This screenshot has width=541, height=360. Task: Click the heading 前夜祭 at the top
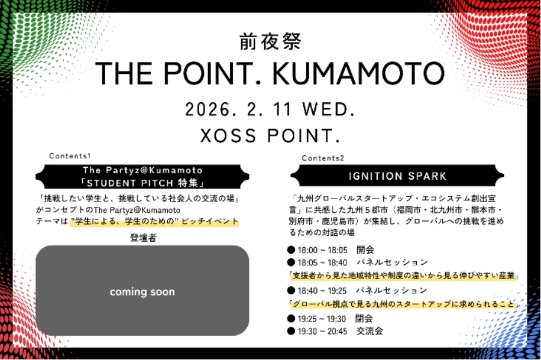(x=270, y=42)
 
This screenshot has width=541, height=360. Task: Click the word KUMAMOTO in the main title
(x=358, y=73)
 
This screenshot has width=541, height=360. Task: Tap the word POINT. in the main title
(x=210, y=73)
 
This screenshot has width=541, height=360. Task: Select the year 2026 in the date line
(x=208, y=110)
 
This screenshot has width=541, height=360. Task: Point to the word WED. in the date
(x=329, y=110)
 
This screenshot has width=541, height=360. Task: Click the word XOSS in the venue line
(x=228, y=135)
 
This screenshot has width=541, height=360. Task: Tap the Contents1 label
(x=70, y=156)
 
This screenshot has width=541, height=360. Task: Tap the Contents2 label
(x=323, y=158)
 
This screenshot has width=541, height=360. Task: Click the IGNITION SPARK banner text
(x=397, y=176)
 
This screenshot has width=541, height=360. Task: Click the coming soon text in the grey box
(x=142, y=292)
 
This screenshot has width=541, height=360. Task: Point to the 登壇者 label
(x=143, y=238)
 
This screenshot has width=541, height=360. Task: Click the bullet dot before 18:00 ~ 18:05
(x=291, y=249)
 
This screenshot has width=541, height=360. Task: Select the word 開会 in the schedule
(x=365, y=249)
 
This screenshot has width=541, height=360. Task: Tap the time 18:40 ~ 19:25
(x=322, y=291)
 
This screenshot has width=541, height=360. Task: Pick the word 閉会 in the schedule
(x=364, y=319)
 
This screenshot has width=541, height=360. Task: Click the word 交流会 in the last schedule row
(x=370, y=331)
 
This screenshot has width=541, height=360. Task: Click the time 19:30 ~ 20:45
(x=322, y=332)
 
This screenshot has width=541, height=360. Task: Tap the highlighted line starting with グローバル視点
(x=403, y=304)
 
